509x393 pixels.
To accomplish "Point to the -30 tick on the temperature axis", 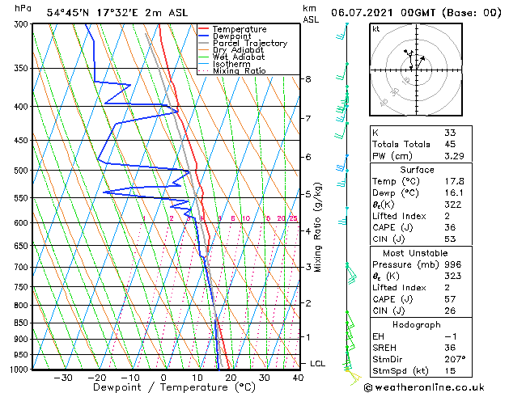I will pos(63,378).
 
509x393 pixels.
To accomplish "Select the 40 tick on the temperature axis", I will pos(298,378).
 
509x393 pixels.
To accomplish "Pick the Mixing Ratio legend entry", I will pos(239,71).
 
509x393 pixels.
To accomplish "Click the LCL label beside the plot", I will pos(317,364).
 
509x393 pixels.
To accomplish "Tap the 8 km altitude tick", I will pos(308,79).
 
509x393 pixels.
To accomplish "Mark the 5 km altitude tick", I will pos(308,194).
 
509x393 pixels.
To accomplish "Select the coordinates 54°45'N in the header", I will pos(68,13).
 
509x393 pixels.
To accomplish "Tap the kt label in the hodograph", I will pos(376,28).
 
